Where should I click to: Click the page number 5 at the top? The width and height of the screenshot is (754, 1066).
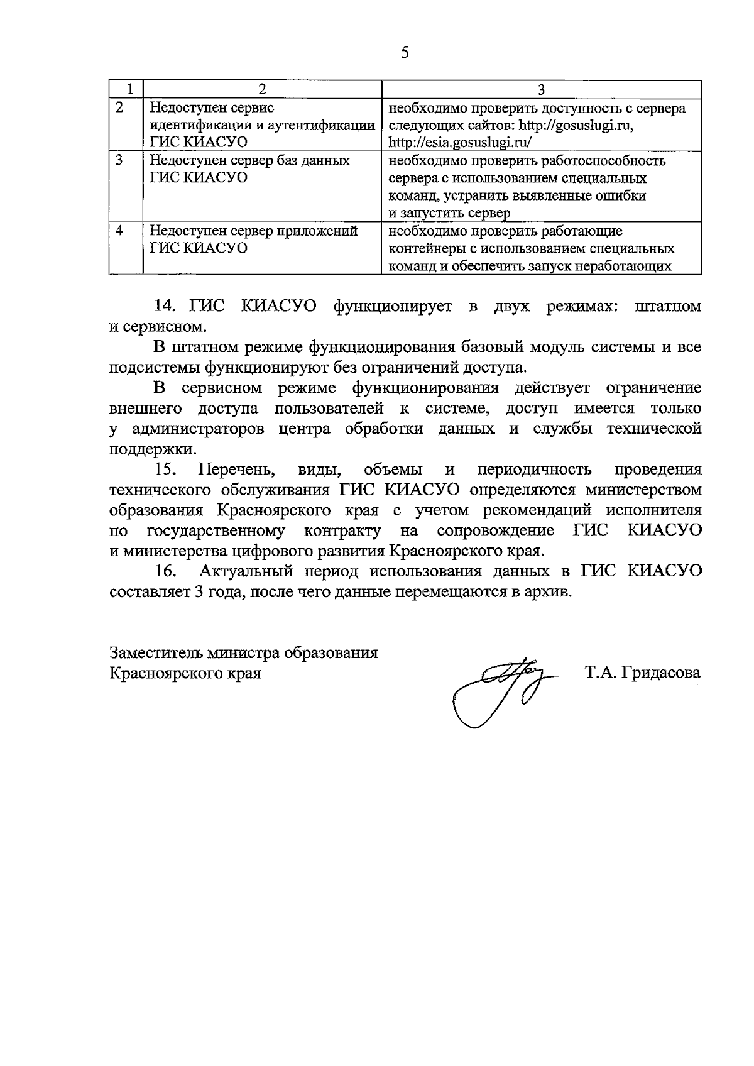coord(404,53)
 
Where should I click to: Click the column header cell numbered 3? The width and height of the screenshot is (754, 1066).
coord(541,89)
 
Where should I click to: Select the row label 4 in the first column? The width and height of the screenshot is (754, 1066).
coord(120,231)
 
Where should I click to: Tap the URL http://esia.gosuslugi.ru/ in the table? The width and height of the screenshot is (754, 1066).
coord(461,143)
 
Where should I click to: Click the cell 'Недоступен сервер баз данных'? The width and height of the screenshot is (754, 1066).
coord(249,161)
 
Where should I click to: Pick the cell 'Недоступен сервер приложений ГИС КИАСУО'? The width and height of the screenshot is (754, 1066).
coord(253,239)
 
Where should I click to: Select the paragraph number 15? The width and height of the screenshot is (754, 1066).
coord(165,470)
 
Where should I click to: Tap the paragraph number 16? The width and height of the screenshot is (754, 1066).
coord(165,571)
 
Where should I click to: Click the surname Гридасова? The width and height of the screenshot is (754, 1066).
coord(659,673)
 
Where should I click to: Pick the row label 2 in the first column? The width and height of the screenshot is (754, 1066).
coord(120,107)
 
